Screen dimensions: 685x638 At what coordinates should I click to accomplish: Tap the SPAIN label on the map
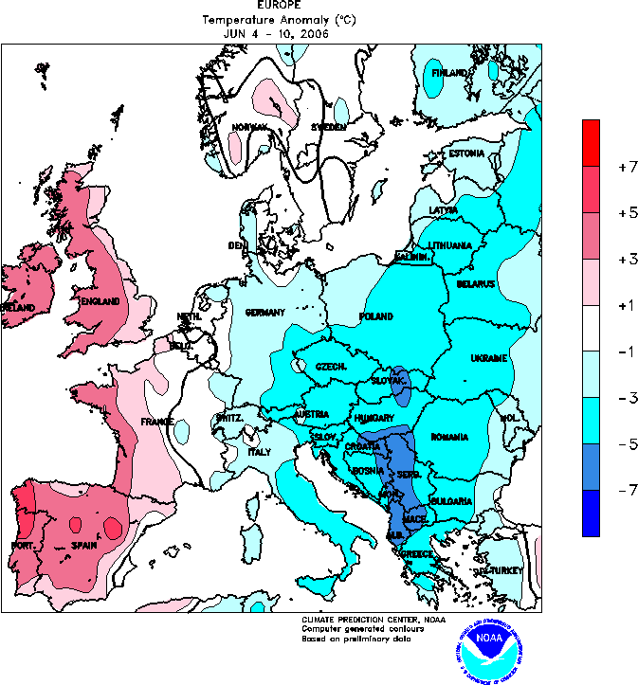pyautogui.click(x=86, y=546)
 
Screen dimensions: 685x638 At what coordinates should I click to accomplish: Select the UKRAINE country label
pyautogui.click(x=489, y=357)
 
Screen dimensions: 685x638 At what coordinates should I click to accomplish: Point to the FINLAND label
pyautogui.click(x=450, y=73)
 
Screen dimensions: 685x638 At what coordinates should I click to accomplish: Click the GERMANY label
pyautogui.click(x=266, y=312)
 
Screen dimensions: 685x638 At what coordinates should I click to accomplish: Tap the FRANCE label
pyautogui.click(x=157, y=422)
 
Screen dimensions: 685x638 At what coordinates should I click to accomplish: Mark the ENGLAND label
pyautogui.click(x=100, y=301)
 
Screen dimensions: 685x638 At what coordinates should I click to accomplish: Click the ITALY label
pyautogui.click(x=259, y=452)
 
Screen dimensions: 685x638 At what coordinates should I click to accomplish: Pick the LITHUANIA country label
pyautogui.click(x=449, y=245)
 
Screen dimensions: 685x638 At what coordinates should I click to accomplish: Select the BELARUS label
pyautogui.click(x=475, y=284)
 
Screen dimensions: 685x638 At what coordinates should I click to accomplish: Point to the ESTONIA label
pyautogui.click(x=466, y=153)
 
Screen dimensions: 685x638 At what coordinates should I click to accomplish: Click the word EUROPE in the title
pyautogui.click(x=273, y=6)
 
